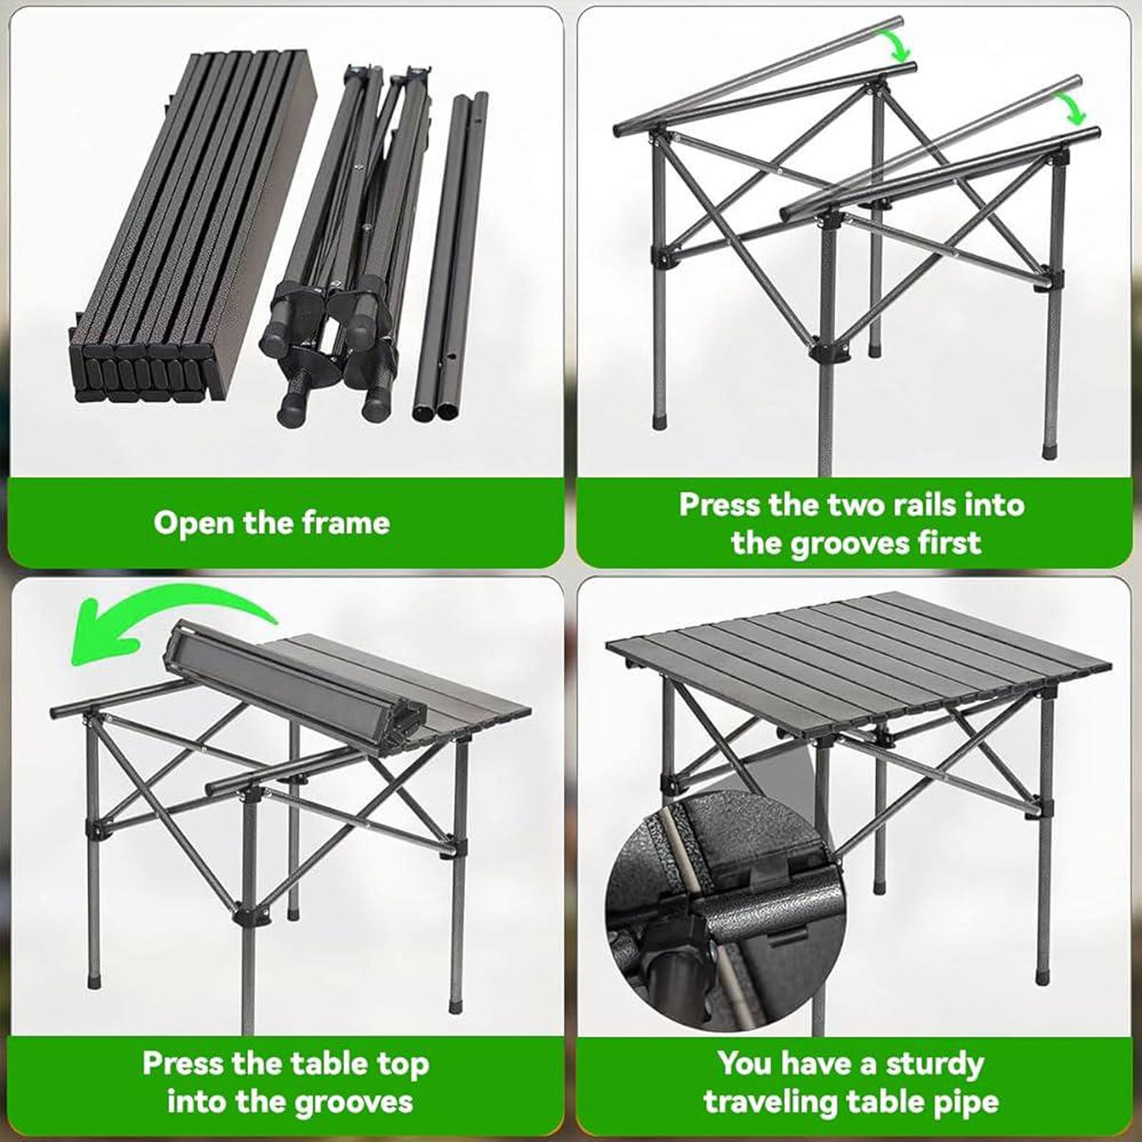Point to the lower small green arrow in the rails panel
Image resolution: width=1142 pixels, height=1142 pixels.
(1073, 108)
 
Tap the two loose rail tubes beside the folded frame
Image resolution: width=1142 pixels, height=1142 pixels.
(451, 259)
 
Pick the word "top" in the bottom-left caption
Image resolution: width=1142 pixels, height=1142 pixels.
(404, 1065)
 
